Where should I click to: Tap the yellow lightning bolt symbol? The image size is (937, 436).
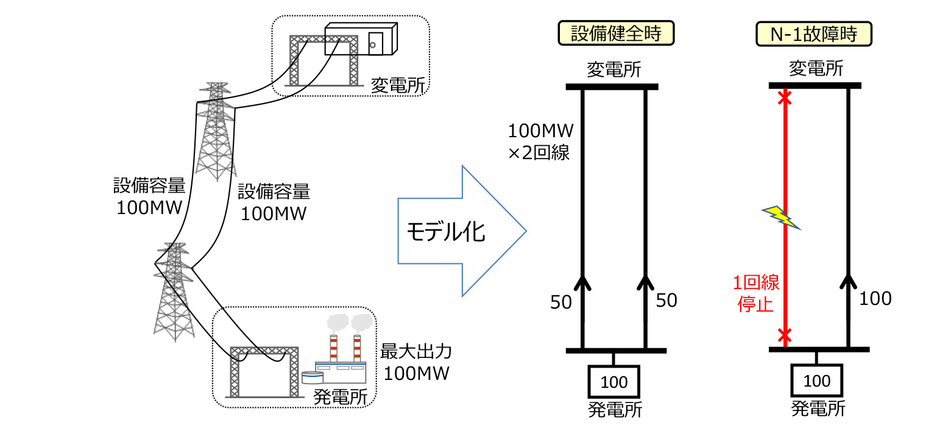782,216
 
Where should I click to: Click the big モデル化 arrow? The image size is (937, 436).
461,232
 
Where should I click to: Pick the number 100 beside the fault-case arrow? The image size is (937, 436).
875,298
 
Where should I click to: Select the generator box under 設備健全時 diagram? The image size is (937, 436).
614,382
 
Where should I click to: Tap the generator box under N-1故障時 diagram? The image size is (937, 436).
817,381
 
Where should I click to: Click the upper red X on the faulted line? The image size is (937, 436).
785,97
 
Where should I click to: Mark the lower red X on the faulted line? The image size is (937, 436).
785,335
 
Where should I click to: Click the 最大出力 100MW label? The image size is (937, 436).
417,362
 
